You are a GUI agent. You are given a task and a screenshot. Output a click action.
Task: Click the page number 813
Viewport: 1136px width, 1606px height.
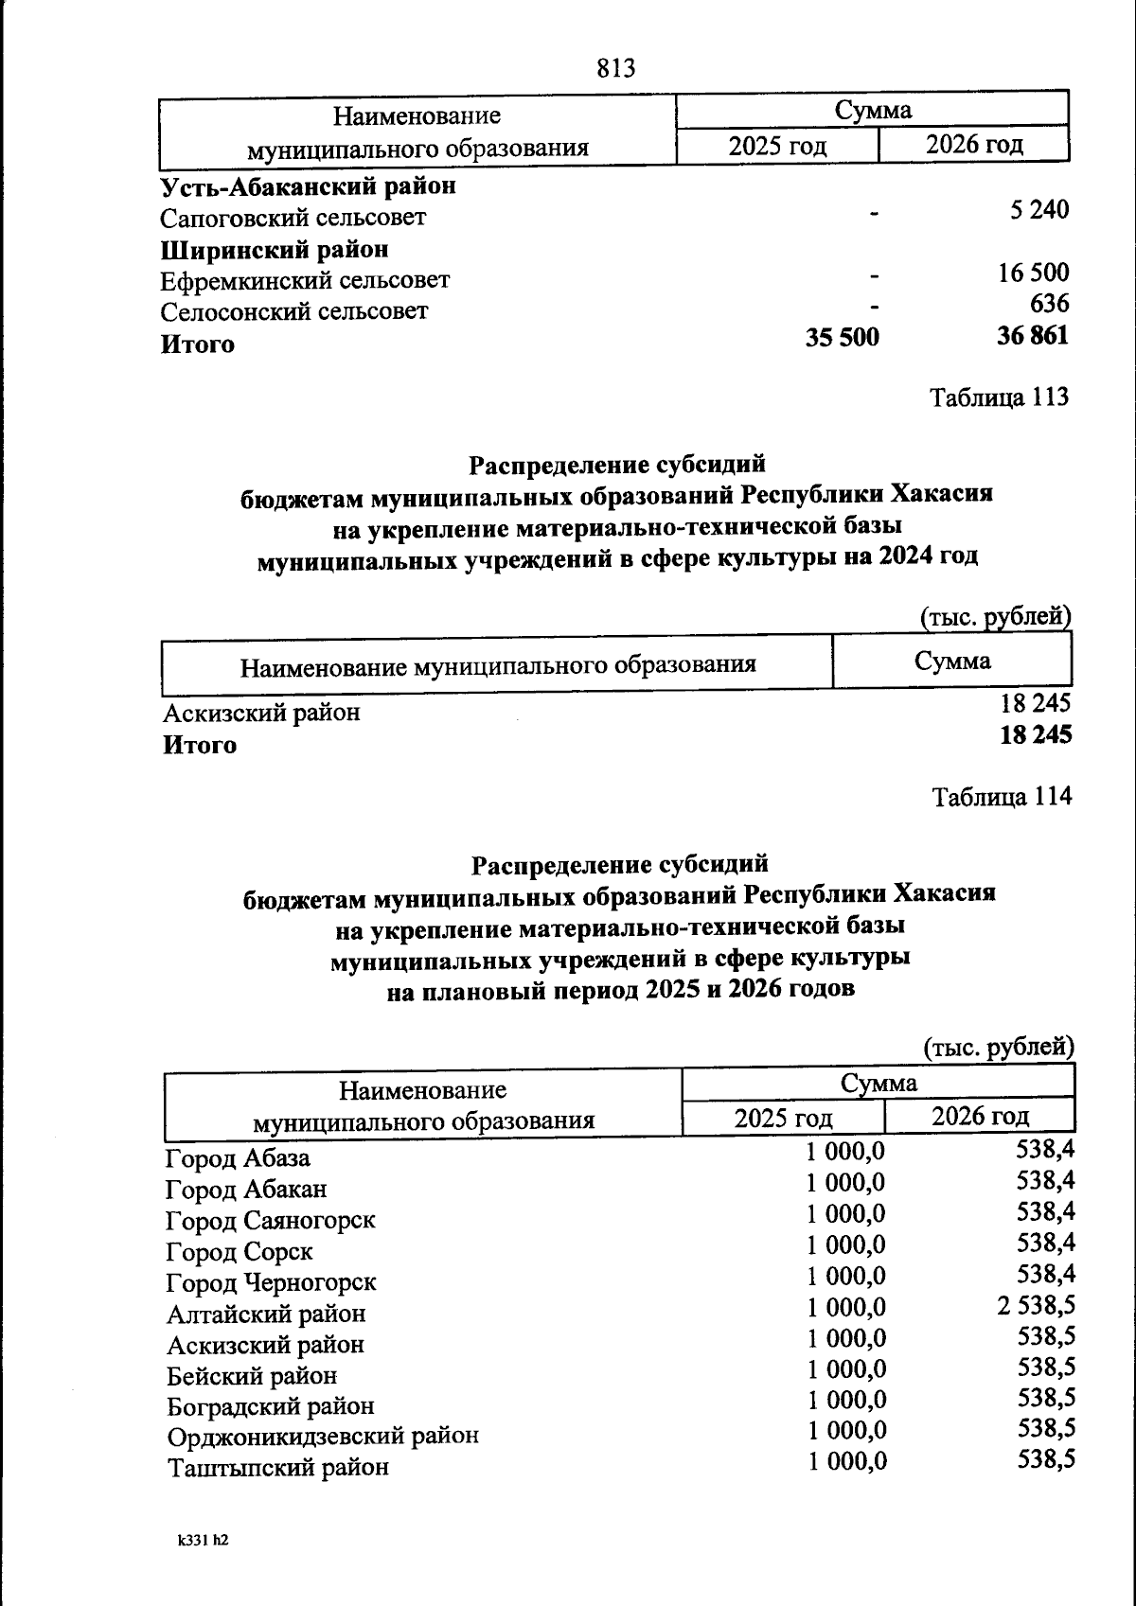616,68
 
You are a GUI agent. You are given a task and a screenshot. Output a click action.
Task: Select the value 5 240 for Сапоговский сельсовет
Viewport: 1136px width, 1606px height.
1038,210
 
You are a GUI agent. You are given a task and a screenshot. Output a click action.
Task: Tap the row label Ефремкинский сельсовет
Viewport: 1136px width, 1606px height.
304,280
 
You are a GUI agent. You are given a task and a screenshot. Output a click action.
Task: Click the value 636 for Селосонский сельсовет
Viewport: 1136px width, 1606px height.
1049,304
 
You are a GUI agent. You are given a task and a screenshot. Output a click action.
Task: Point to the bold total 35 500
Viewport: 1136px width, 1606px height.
842,337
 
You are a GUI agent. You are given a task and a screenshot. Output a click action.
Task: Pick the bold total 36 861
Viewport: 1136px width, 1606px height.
1032,335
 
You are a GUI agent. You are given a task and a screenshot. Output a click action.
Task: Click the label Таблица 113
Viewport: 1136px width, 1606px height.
999,397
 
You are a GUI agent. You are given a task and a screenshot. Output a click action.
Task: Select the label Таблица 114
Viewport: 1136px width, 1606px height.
1002,797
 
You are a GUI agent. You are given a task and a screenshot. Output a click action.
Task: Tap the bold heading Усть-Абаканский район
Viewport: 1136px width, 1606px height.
308,185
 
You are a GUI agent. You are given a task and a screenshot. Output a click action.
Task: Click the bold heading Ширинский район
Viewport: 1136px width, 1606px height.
275,249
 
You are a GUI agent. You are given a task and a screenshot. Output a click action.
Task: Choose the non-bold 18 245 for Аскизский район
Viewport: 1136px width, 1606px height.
1036,703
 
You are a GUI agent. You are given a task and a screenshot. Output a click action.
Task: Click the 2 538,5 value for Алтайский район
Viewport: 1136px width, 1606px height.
1035,1306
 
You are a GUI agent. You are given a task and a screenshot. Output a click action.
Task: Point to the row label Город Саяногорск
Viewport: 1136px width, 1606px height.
270,1220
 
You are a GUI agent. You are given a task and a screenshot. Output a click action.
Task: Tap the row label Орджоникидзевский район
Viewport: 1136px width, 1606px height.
322,1436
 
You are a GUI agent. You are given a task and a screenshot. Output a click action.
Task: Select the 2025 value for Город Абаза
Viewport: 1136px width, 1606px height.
845,1151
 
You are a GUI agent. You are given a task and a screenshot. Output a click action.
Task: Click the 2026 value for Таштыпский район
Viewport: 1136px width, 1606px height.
1045,1459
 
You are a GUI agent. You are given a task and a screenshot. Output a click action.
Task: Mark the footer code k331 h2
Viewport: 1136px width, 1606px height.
203,1540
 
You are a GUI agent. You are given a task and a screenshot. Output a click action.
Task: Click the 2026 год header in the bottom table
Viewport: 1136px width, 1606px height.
980,1116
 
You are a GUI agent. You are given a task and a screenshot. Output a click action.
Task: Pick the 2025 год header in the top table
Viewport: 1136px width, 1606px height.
777,146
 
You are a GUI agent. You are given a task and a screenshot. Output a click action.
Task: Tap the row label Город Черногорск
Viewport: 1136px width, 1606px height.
271,1282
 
